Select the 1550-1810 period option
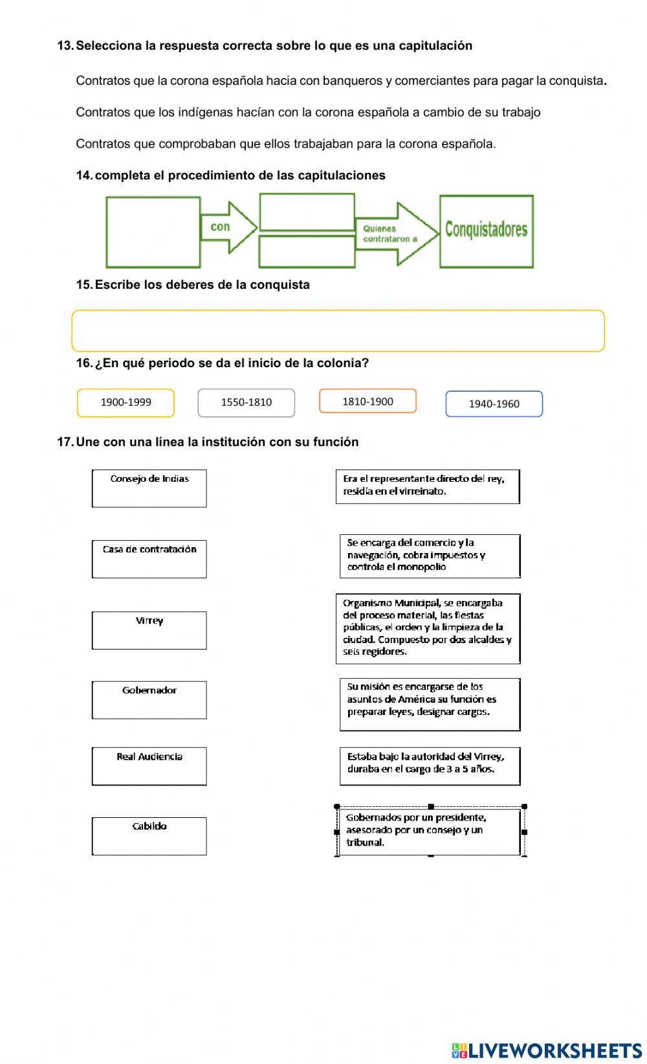pyautogui.click(x=246, y=402)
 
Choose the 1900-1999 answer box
pyautogui.click(x=126, y=402)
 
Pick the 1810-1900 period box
pyautogui.click(x=367, y=401)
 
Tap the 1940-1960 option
pyautogui.click(x=494, y=403)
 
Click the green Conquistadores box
pyautogui.click(x=487, y=231)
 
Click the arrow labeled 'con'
pyautogui.click(x=226, y=227)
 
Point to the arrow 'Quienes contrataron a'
pyautogui.click(x=395, y=234)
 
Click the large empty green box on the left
pyautogui.click(x=153, y=232)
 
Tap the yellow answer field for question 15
pyautogui.click(x=338, y=331)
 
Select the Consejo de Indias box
pyautogui.click(x=149, y=488)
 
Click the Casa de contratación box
pyautogui.click(x=149, y=558)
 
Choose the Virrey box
pyautogui.click(x=149, y=629)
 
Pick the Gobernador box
pyautogui.click(x=149, y=699)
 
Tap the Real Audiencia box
pyautogui.click(x=149, y=765)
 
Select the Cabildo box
pyautogui.click(x=149, y=835)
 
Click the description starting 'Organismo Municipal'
pyautogui.click(x=428, y=628)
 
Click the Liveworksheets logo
pyautogui.click(x=547, y=1050)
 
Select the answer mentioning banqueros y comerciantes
pyautogui.click(x=341, y=81)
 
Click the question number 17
pyautogui.click(x=65, y=442)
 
